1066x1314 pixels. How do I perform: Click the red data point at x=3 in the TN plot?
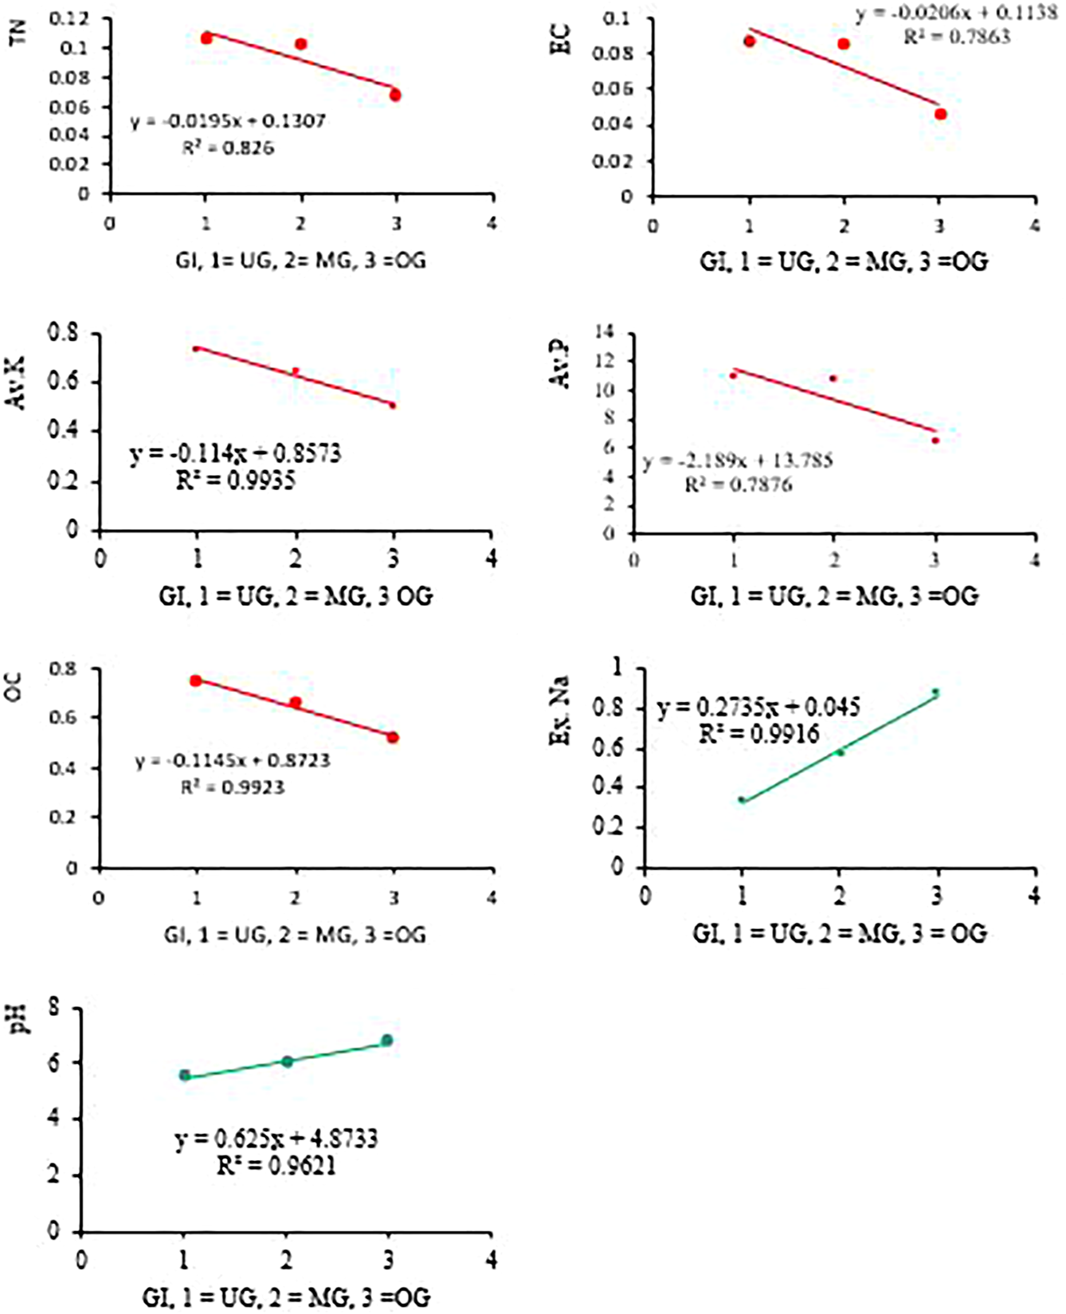(395, 95)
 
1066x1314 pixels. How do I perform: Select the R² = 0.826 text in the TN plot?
(228, 147)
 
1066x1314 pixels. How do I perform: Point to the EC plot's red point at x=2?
(844, 44)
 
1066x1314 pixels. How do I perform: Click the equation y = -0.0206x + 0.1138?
(956, 14)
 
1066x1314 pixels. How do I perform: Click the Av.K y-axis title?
(18, 382)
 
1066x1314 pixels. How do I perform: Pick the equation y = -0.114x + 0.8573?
(235, 453)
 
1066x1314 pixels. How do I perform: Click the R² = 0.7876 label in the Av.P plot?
(739, 484)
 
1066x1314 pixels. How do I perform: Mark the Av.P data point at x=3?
(936, 440)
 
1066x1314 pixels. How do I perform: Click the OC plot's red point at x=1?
(195, 681)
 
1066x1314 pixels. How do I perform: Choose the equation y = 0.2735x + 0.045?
(758, 707)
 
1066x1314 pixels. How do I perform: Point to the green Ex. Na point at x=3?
(936, 692)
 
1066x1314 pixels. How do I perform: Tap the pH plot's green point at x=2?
(288, 1061)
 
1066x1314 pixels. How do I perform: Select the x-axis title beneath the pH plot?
(287, 1296)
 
